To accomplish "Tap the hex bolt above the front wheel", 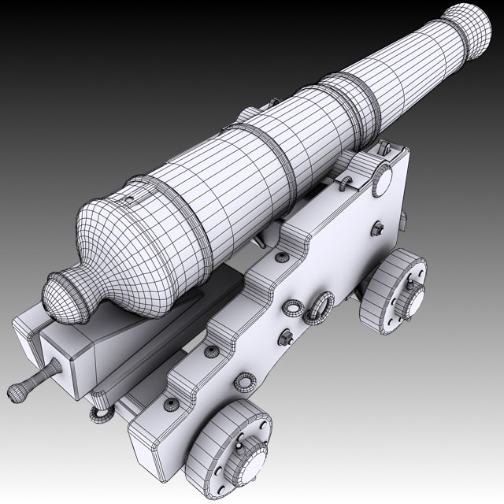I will tap(379, 228).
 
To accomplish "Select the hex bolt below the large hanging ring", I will tap(285, 339).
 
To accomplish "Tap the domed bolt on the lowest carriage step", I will tap(170, 405).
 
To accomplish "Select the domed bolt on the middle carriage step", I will tap(211, 351).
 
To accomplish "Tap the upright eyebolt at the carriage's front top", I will tap(385, 146).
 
